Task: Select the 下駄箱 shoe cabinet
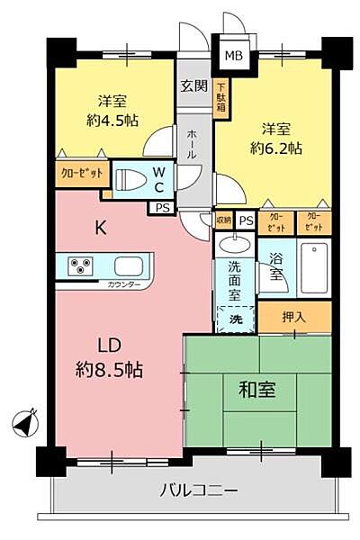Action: click(221, 99)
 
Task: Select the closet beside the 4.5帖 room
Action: click(81, 173)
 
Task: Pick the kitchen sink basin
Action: click(125, 266)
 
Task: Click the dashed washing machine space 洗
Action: click(235, 319)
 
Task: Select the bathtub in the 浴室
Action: click(315, 266)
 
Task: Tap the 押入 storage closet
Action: click(294, 316)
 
